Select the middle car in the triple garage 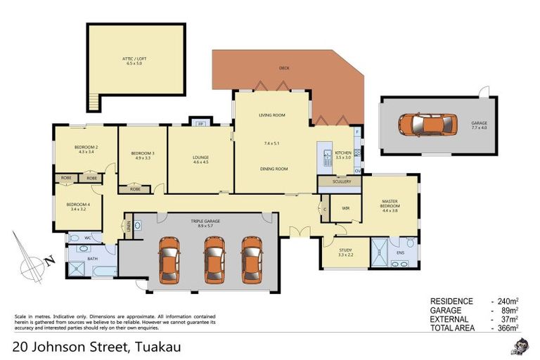[x=214, y=257]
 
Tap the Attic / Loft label [x=134, y=59]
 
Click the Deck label [x=284, y=68]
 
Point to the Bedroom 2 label [x=86, y=148]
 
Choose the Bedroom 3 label [x=143, y=155]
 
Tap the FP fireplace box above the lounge [x=200, y=124]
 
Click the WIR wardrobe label [x=345, y=208]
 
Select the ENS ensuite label [x=401, y=251]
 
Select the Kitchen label [x=343, y=154]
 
